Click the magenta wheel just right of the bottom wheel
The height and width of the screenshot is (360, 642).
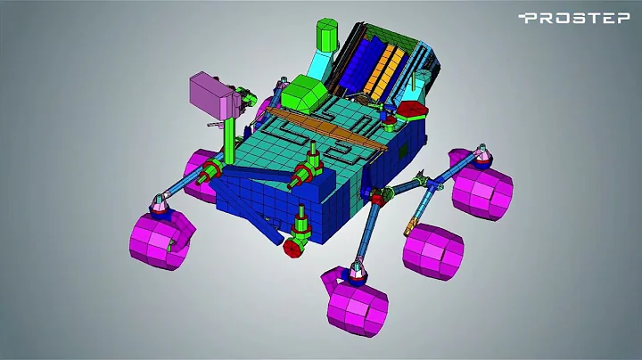(433, 248)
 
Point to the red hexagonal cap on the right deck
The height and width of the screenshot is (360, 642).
(412, 110)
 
